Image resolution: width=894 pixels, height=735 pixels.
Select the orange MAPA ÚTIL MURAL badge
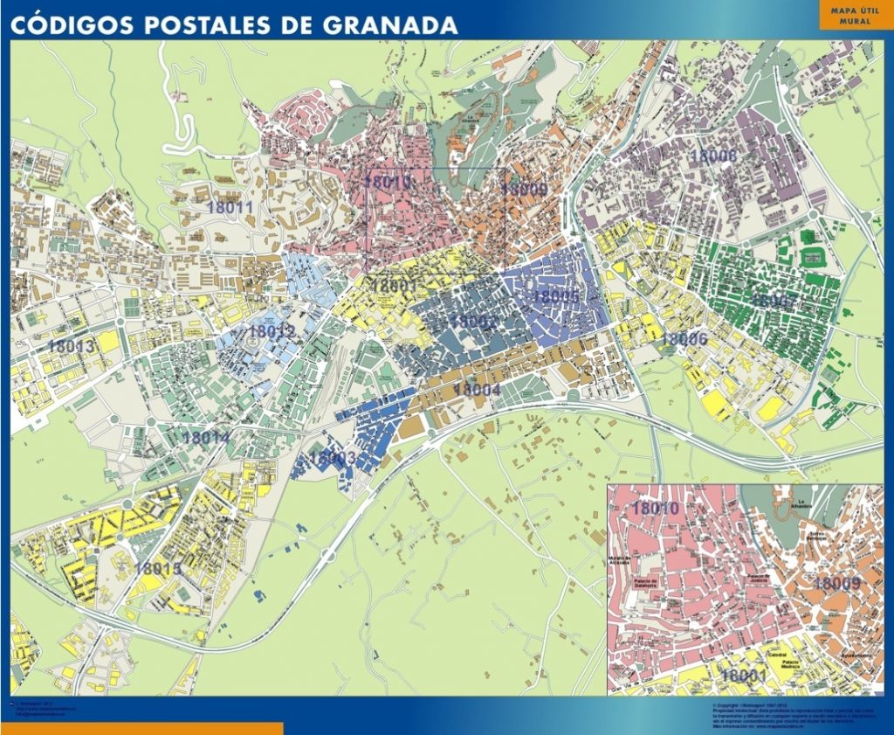(x=855, y=15)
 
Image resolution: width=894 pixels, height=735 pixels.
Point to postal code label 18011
(x=230, y=207)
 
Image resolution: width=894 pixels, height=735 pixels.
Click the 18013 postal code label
(x=71, y=346)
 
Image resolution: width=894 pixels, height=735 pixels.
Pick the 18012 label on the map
(x=272, y=331)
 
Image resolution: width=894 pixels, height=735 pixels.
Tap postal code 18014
(x=207, y=437)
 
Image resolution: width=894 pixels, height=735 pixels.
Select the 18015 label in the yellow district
(x=158, y=568)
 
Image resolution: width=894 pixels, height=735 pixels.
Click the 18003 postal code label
(x=333, y=457)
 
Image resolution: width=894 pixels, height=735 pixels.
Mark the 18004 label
(x=477, y=389)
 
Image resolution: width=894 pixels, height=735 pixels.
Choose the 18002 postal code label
(x=473, y=322)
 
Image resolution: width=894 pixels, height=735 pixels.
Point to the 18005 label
(x=555, y=296)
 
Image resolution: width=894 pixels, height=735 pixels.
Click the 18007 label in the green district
(x=774, y=300)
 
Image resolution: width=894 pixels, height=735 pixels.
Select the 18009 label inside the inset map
(x=837, y=583)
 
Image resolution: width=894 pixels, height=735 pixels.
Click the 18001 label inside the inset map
(x=744, y=676)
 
